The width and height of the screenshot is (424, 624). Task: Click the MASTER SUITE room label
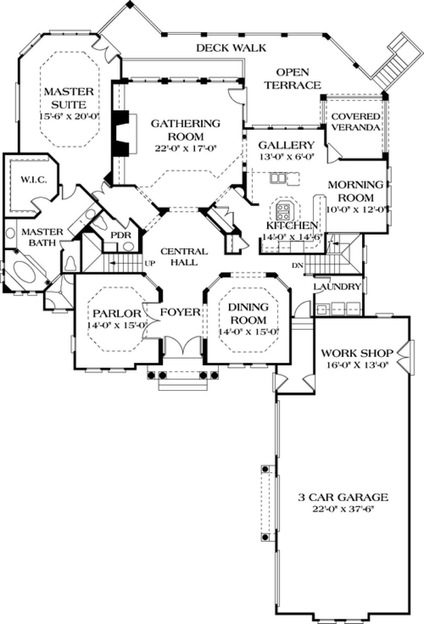(x=69, y=98)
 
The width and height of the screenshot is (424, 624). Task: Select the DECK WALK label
(x=231, y=48)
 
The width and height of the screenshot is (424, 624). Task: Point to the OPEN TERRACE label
(x=293, y=78)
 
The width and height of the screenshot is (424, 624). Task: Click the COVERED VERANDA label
(x=355, y=122)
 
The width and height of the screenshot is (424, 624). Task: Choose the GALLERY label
(x=286, y=145)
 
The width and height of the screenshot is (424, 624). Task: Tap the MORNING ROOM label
(x=351, y=191)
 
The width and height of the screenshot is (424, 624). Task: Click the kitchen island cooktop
(x=283, y=211)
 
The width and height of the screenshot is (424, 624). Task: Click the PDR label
(x=121, y=235)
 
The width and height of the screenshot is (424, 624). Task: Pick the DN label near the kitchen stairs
(x=298, y=265)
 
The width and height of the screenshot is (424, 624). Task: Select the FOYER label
(x=180, y=312)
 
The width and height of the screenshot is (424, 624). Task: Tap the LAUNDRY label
(x=337, y=287)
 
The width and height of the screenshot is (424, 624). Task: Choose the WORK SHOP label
(x=357, y=353)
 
